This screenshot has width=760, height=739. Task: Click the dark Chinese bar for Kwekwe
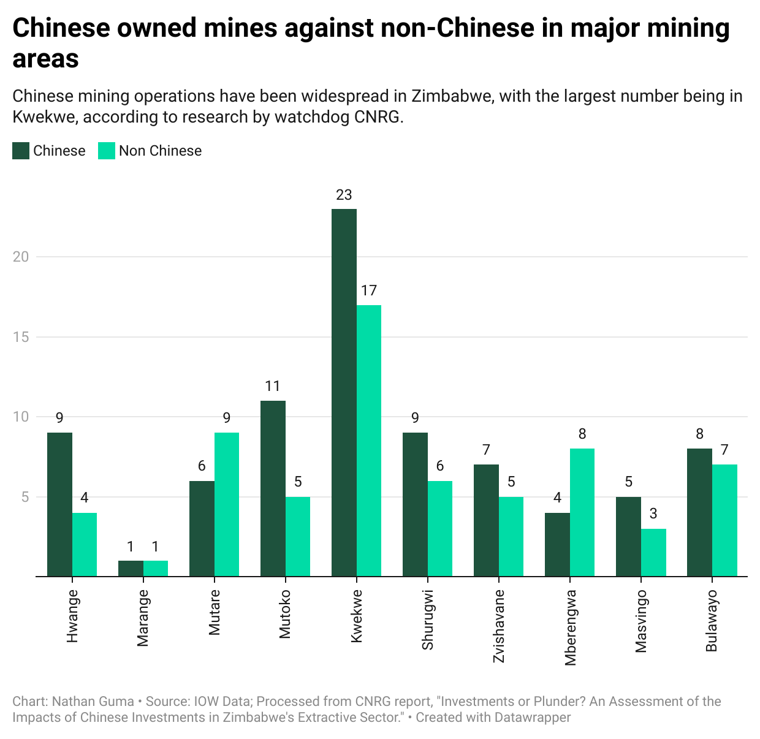pos(344,392)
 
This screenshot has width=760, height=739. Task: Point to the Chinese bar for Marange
pos(131,568)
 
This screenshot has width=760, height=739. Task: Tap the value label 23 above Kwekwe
pos(344,195)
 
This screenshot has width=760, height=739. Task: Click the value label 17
pos(369,290)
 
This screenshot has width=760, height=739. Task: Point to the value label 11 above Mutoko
pos(273,386)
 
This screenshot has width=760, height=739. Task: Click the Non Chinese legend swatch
pos(107,151)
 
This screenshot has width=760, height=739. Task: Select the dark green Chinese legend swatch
pos(21,151)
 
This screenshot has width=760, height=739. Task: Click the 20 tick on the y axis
pos(21,257)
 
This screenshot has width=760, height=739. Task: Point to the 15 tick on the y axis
pos(21,337)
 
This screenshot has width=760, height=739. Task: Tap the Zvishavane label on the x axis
pos(499,626)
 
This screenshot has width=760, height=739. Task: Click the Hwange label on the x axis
pos(72,616)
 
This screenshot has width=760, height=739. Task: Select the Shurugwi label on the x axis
pos(428,620)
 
